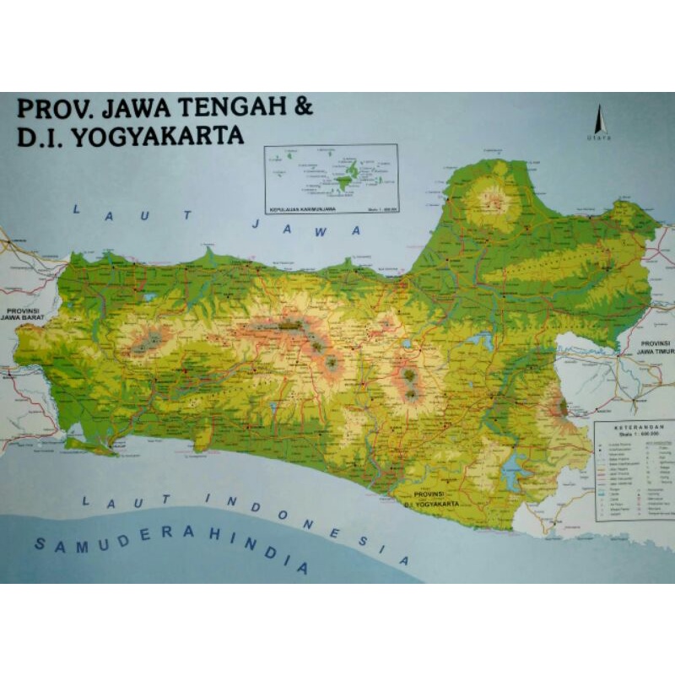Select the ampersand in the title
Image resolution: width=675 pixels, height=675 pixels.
(x=304, y=109)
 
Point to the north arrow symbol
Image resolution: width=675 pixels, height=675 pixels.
(x=598, y=118)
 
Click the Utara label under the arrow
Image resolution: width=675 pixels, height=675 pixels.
(x=598, y=137)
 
